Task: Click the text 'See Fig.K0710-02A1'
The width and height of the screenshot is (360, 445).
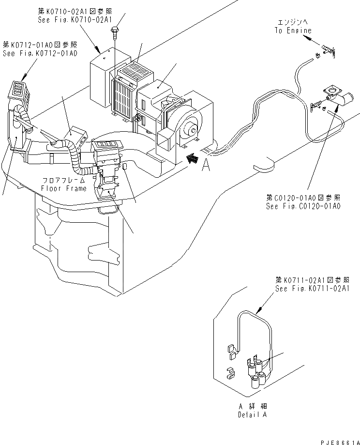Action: (x=75, y=20)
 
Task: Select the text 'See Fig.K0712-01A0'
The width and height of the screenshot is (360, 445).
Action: (x=40, y=53)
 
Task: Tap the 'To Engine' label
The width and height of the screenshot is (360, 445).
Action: (x=293, y=30)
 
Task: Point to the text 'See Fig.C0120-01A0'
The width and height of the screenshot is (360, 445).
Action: (x=303, y=206)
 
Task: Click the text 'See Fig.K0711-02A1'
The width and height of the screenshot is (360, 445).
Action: (x=312, y=288)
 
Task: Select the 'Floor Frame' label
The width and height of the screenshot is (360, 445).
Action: (x=64, y=188)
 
